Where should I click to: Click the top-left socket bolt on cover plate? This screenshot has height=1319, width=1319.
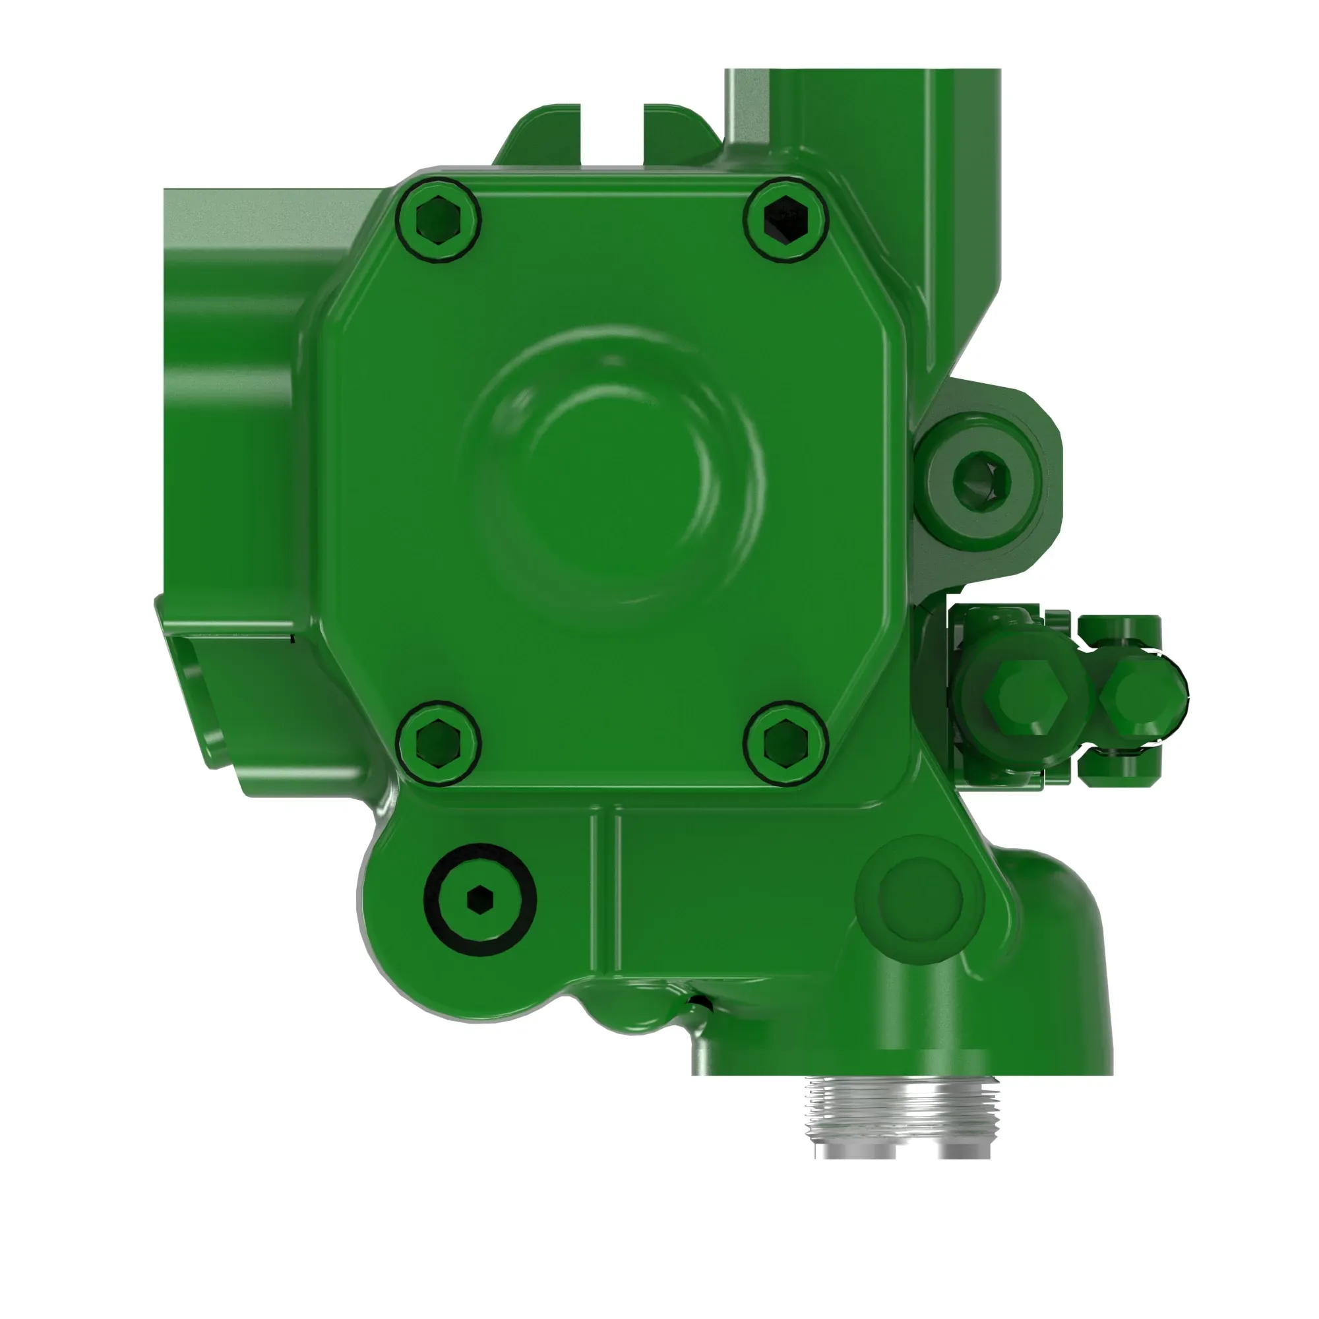coord(438,219)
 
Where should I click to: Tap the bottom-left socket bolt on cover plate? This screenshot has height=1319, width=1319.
coord(438,743)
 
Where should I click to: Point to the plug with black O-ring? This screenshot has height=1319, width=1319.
coord(480,899)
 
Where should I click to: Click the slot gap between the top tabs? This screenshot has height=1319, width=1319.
coord(612,133)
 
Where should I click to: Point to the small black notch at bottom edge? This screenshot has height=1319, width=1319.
coord(700,1002)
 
